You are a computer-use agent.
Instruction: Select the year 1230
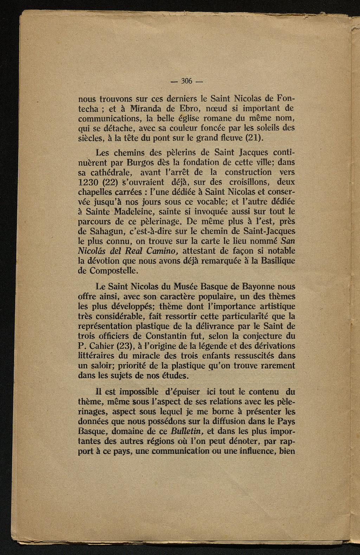(x=88, y=183)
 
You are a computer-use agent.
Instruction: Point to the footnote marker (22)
(x=109, y=183)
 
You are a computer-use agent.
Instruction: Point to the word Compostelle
(x=112, y=271)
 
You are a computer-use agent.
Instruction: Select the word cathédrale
(x=109, y=173)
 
